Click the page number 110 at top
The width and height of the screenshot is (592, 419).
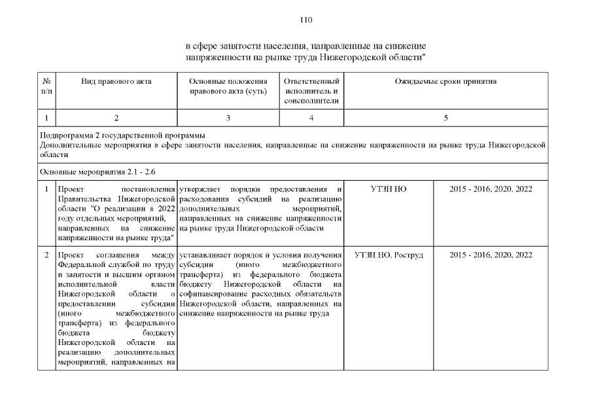(x=306, y=20)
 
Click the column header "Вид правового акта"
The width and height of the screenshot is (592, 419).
(x=116, y=82)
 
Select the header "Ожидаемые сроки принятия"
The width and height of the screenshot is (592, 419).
(x=445, y=82)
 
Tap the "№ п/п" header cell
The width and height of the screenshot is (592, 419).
(x=46, y=86)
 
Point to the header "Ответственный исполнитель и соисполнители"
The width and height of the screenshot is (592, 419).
(x=311, y=91)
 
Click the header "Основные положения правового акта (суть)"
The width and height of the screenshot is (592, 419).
(x=228, y=86)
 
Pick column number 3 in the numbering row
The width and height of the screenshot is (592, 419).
(x=228, y=118)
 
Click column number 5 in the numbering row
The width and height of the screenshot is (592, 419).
(x=445, y=118)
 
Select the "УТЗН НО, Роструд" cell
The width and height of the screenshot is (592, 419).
(x=389, y=255)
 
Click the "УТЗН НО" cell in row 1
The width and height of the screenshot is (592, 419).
(x=389, y=189)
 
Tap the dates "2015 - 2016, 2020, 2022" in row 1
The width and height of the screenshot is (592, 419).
(x=491, y=189)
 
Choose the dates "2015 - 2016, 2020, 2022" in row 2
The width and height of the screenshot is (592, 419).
(x=491, y=255)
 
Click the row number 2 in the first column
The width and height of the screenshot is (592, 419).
(x=46, y=255)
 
